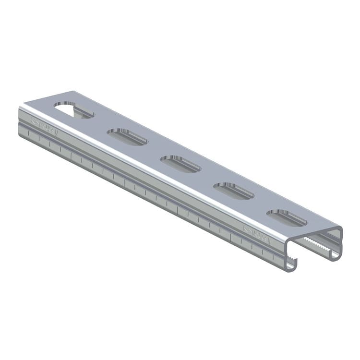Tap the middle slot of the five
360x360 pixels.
[x=180, y=164]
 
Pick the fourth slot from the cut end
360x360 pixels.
[x=234, y=191]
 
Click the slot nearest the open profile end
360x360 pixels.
[x=287, y=217]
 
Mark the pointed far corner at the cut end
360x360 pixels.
[x=71, y=91]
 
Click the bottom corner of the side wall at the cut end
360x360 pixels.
[x=20, y=136]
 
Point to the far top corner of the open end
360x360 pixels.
[x=341, y=227]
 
